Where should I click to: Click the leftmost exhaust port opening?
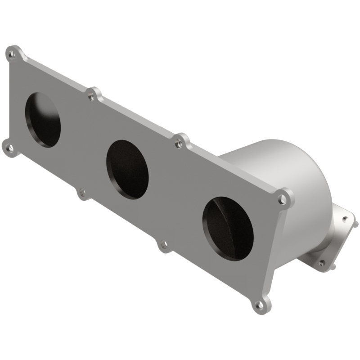42,119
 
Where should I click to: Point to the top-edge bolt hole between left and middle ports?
92,96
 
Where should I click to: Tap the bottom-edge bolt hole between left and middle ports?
82,193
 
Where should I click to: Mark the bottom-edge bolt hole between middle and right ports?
164,245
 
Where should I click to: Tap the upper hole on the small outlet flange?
345,218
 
